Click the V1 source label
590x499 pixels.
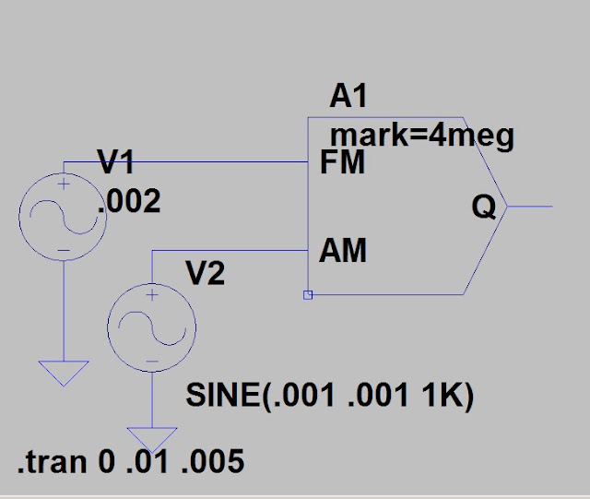click(115, 161)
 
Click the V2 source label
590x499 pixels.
click(206, 273)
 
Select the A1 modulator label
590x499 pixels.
click(348, 96)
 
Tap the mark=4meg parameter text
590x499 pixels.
click(422, 136)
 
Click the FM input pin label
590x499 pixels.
click(342, 162)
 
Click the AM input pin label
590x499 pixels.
click(342, 251)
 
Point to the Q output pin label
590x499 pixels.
click(484, 208)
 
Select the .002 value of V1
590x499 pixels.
click(129, 201)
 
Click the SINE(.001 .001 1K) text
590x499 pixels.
click(330, 396)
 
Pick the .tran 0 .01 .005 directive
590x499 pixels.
click(131, 461)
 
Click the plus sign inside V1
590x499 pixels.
click(64, 184)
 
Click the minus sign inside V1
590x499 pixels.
click(64, 251)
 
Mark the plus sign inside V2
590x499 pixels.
click(152, 295)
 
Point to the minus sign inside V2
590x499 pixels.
click(152, 362)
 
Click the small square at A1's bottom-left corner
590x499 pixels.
click(308, 295)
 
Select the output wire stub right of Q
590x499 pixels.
click(530, 207)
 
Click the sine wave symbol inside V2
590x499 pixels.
click(152, 328)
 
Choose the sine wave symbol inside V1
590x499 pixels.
click(64, 218)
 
